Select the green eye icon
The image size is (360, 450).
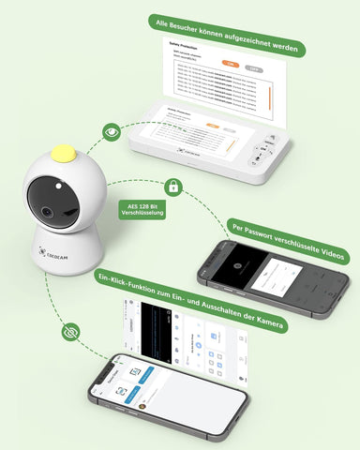112,132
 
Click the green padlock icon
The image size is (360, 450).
172,186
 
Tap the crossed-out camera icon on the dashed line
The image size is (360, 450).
68,332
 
